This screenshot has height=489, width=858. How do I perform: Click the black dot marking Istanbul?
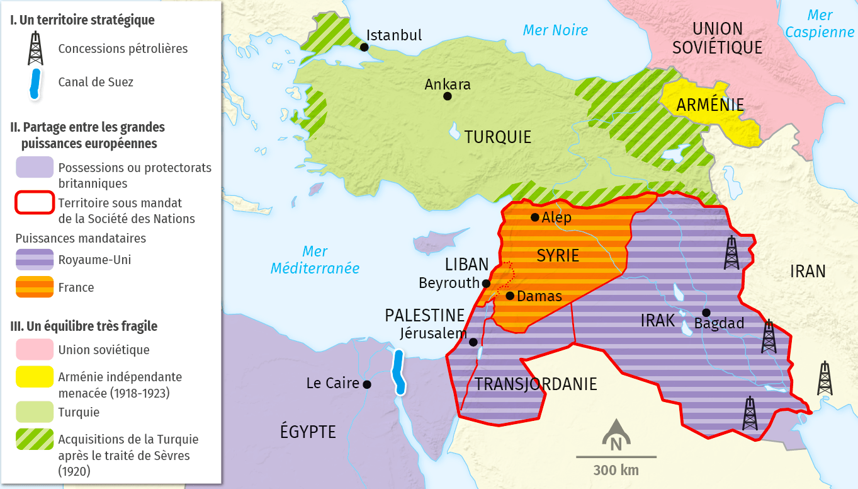[x=364, y=47]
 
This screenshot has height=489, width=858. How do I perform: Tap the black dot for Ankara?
[x=447, y=96]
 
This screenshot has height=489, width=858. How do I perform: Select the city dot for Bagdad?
[x=706, y=313]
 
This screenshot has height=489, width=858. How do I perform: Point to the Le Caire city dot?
[x=366, y=384]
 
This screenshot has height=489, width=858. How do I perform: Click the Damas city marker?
[x=510, y=296]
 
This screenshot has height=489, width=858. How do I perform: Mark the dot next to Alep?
[x=534, y=217]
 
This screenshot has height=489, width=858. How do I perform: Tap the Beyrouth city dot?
[x=486, y=284]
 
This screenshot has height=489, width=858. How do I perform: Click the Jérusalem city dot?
[x=473, y=342]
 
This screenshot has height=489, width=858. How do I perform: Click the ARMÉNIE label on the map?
[x=710, y=105]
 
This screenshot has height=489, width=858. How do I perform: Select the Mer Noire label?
[x=555, y=30]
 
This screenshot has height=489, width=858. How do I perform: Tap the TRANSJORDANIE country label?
[x=536, y=384]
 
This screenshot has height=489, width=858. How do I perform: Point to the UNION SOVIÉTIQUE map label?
[x=717, y=38]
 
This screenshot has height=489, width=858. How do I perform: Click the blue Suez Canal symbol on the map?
[x=398, y=372]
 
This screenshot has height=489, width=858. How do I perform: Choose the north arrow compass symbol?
[x=616, y=435]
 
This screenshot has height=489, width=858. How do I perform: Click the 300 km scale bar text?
[x=616, y=470]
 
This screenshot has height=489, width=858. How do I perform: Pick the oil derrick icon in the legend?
[x=36, y=49]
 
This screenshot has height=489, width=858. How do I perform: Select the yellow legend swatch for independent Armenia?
[x=35, y=377]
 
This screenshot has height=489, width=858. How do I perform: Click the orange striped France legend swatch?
[x=35, y=287]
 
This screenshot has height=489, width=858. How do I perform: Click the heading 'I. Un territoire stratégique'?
[x=82, y=20]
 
